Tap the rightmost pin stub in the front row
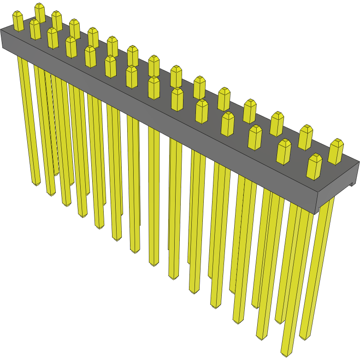pos(314,167)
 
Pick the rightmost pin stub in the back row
pos(336,151)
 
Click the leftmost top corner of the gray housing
pos(1,31)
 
